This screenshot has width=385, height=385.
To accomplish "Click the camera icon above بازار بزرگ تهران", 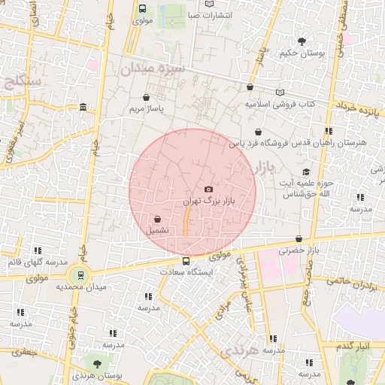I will click(x=208, y=189).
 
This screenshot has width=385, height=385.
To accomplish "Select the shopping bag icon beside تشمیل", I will click(x=156, y=219).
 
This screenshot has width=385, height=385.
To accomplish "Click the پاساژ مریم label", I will click(x=146, y=108).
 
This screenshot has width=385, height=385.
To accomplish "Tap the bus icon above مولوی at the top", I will click(x=143, y=8).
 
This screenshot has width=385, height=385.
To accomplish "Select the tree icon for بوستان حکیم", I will click(x=302, y=41).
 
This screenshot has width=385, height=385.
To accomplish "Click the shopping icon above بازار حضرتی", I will click(x=299, y=238).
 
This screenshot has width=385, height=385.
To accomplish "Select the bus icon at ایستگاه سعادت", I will click(x=186, y=262).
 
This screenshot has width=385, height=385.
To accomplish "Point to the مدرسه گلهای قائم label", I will click(x=35, y=262).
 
